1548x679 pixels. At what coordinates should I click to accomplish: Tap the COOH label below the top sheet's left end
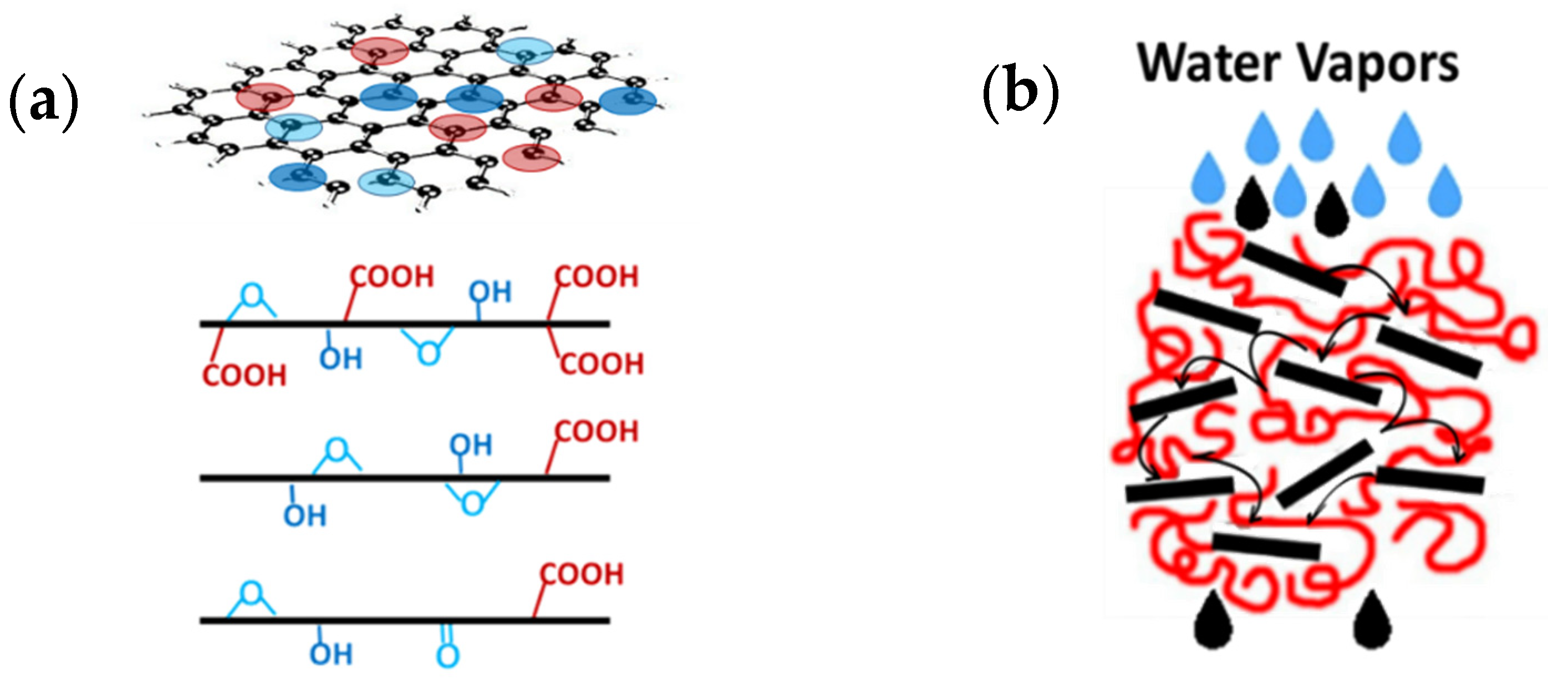pos(244,376)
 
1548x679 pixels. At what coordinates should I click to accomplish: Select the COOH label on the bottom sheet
pos(582,574)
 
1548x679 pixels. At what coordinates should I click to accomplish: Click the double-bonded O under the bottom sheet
pos(447,655)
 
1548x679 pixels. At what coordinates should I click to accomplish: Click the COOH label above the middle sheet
pos(595,431)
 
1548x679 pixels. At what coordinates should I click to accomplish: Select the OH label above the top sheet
pos(490,292)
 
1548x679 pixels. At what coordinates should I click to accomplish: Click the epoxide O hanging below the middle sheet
pos(472,501)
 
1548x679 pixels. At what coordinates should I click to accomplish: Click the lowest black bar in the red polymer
pos(1266,545)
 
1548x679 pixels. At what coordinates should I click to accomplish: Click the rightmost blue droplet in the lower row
pos(1445,191)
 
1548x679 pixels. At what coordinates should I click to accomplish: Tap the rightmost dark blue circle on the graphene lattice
pos(629,100)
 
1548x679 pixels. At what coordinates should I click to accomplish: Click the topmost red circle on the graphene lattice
pos(380,51)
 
